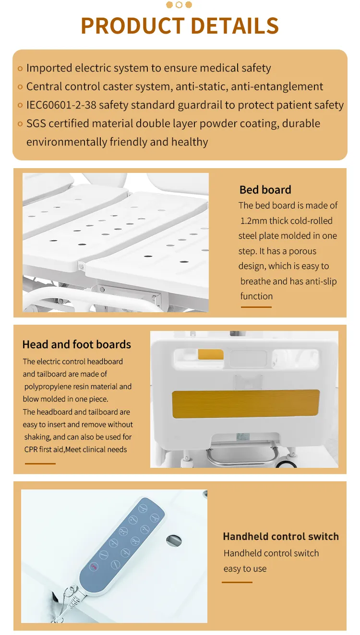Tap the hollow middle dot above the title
(x=179, y=5)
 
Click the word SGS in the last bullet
(x=36, y=123)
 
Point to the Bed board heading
(x=265, y=190)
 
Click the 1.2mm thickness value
(x=253, y=221)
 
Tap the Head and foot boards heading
(x=76, y=344)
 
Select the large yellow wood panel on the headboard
(x=246, y=404)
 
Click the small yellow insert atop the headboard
(x=211, y=354)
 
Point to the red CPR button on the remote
(x=94, y=567)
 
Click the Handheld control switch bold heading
(x=281, y=537)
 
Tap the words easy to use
(x=245, y=569)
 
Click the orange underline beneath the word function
(x=256, y=307)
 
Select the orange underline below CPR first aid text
(x=40, y=464)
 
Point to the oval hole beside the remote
(x=174, y=540)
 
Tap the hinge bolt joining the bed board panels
(x=82, y=267)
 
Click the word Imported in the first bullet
(x=49, y=68)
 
